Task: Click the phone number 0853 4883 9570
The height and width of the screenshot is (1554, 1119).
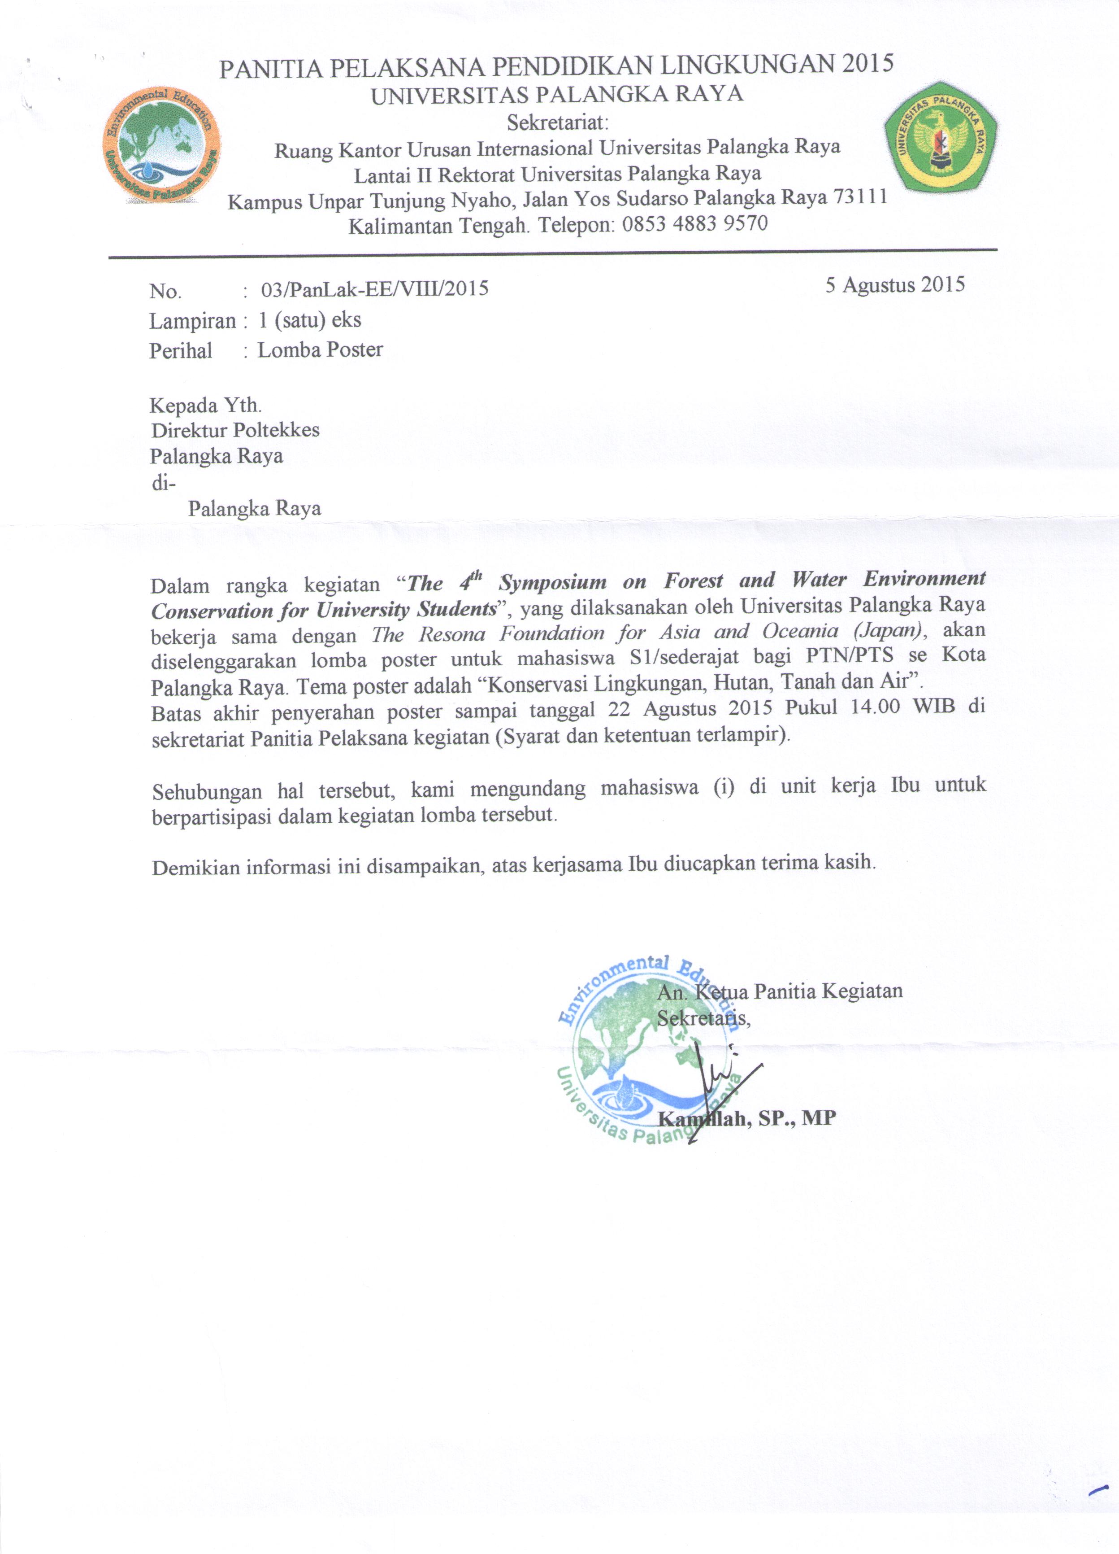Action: (x=694, y=224)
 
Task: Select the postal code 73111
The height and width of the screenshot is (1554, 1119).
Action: (x=859, y=196)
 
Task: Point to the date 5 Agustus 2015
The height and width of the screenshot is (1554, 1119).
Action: (x=894, y=284)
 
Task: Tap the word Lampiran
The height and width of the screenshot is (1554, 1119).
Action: (x=192, y=321)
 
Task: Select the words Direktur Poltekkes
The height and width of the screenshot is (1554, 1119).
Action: (x=235, y=430)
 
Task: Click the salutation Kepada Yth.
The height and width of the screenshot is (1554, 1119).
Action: (x=205, y=405)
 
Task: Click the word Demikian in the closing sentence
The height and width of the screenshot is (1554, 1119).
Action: (x=196, y=868)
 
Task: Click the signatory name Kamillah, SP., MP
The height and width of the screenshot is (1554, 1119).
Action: (x=746, y=1118)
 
